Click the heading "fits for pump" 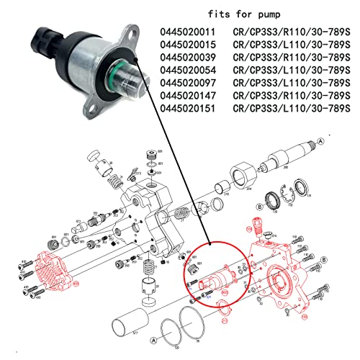pyautogui.click(x=246, y=14)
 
